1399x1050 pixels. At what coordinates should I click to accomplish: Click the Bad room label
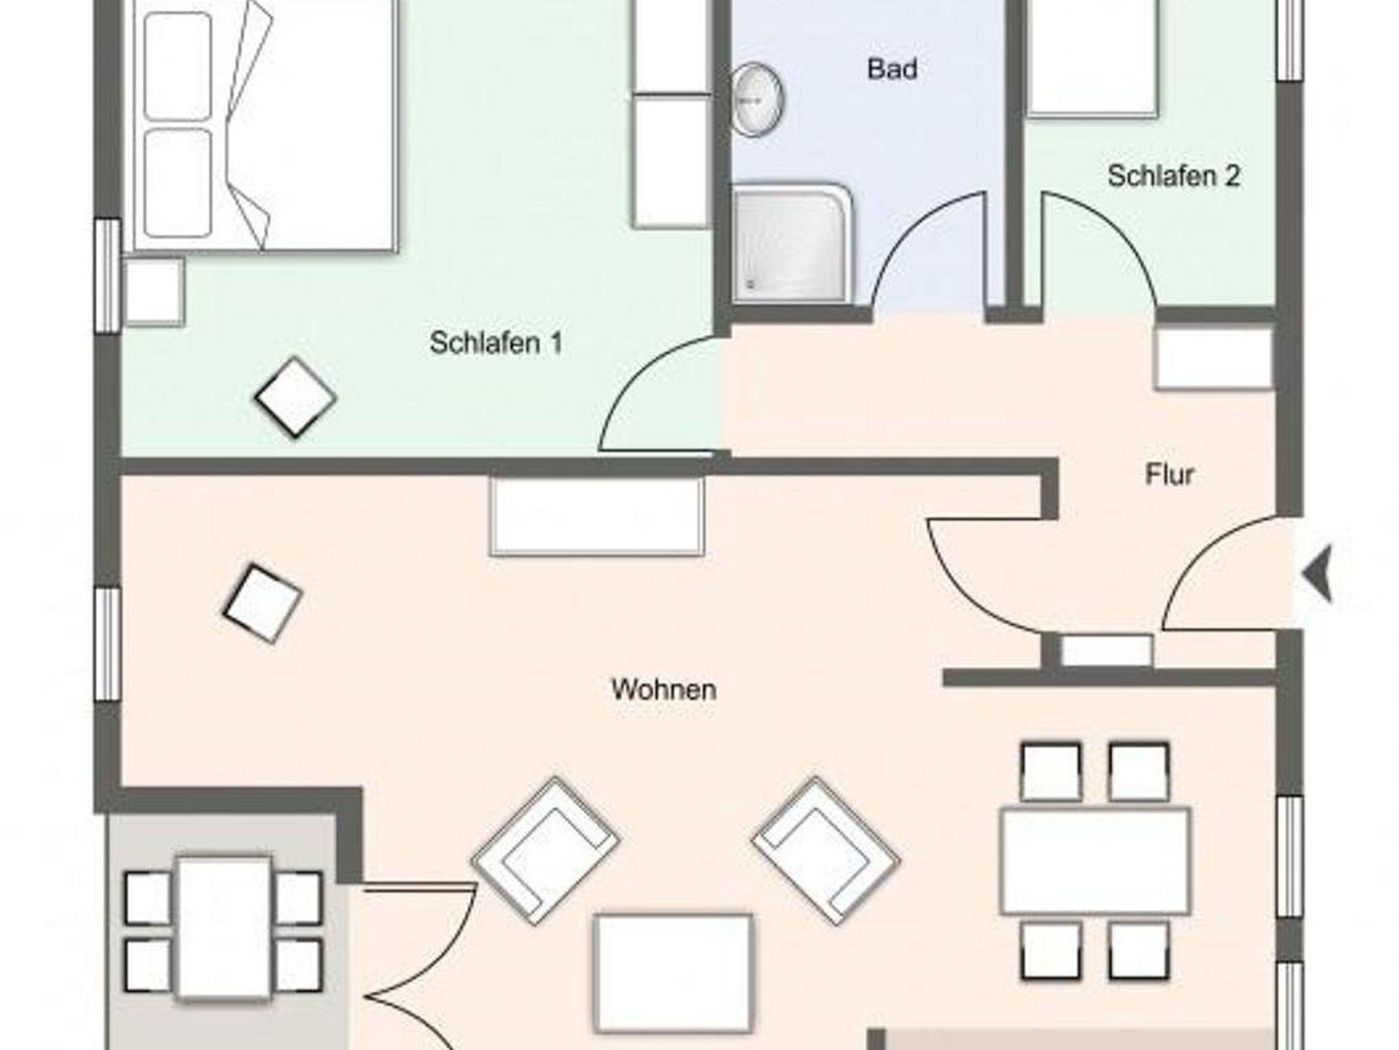[x=892, y=69]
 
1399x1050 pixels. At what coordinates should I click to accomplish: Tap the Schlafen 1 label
[x=496, y=343]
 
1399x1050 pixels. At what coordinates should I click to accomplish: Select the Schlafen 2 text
[x=1174, y=175]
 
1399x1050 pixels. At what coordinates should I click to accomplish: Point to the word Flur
[x=1169, y=474]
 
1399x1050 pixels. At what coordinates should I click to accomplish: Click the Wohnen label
[x=663, y=690]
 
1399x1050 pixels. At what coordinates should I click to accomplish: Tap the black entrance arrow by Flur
[x=1318, y=573]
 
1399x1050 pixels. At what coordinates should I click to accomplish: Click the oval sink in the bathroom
[x=758, y=100]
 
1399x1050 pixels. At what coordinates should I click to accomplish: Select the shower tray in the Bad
[x=792, y=242]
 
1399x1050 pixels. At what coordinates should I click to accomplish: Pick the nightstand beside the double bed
[x=154, y=292]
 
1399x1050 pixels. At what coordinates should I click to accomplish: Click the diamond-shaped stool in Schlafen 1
[x=295, y=397]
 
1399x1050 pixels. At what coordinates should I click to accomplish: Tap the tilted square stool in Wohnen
[x=262, y=604]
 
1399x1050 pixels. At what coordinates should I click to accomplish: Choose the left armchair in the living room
[x=545, y=851]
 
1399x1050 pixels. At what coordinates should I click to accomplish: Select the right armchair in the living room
[x=825, y=851]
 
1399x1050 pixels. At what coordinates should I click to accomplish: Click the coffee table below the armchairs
[x=673, y=974]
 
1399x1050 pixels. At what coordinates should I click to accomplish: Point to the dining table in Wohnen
[x=1095, y=861]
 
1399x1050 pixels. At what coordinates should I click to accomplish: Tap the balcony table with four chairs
[x=224, y=928]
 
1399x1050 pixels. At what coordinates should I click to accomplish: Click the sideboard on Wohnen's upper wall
[x=597, y=516]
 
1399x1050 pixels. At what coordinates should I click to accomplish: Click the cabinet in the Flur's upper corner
[x=1214, y=359]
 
